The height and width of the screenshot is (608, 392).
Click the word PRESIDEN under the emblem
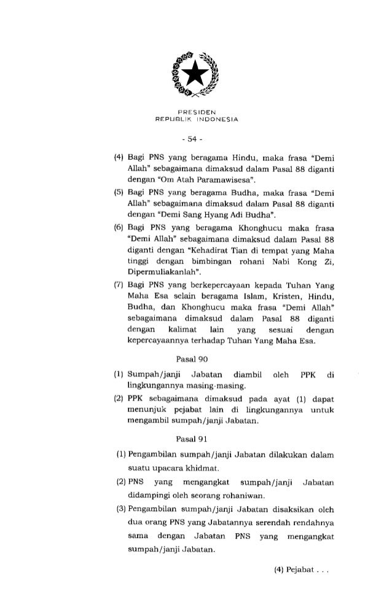195,112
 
